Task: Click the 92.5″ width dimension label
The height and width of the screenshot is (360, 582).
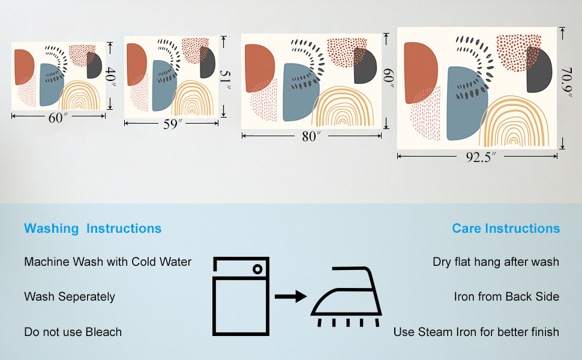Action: tap(478, 158)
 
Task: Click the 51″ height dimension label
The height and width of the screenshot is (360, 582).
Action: tap(224, 80)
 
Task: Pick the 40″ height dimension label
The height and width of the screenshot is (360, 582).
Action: tap(110, 77)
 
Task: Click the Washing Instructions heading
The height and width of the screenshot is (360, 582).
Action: tap(92, 229)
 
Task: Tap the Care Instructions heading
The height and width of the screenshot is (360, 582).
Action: tap(506, 229)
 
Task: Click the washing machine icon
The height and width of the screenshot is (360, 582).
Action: tap(241, 296)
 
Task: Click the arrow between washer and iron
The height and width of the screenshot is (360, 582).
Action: tap(290, 296)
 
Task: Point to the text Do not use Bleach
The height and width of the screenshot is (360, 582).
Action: tap(73, 332)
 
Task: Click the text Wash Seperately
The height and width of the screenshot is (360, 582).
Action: tap(70, 297)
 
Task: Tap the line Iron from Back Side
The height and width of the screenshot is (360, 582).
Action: tap(506, 297)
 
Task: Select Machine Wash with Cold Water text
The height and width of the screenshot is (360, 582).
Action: tap(108, 262)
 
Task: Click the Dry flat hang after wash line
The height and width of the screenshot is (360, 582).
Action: tap(496, 262)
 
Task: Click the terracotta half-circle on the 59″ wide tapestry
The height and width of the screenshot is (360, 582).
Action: tap(136, 64)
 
